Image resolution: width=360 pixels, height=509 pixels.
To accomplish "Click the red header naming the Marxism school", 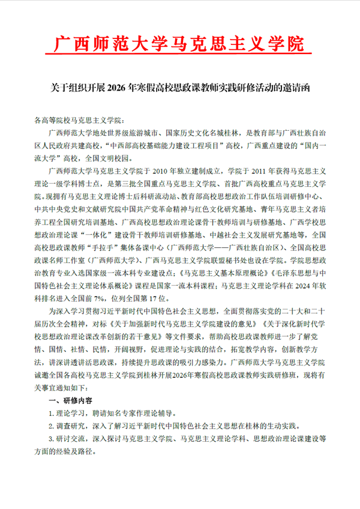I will point(179,43).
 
